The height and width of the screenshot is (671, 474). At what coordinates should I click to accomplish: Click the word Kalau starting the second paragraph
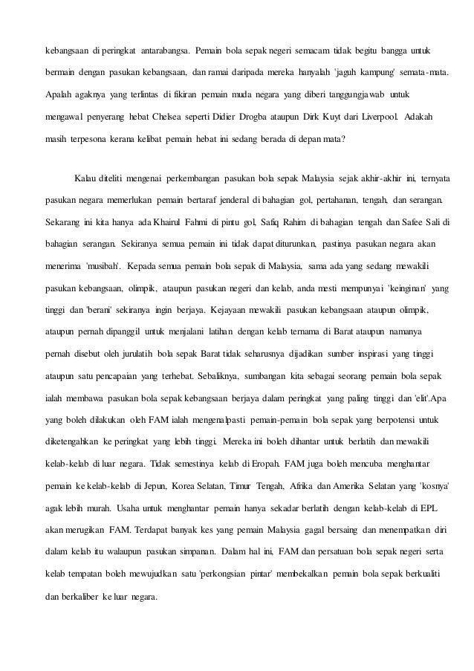[x=86, y=179]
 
